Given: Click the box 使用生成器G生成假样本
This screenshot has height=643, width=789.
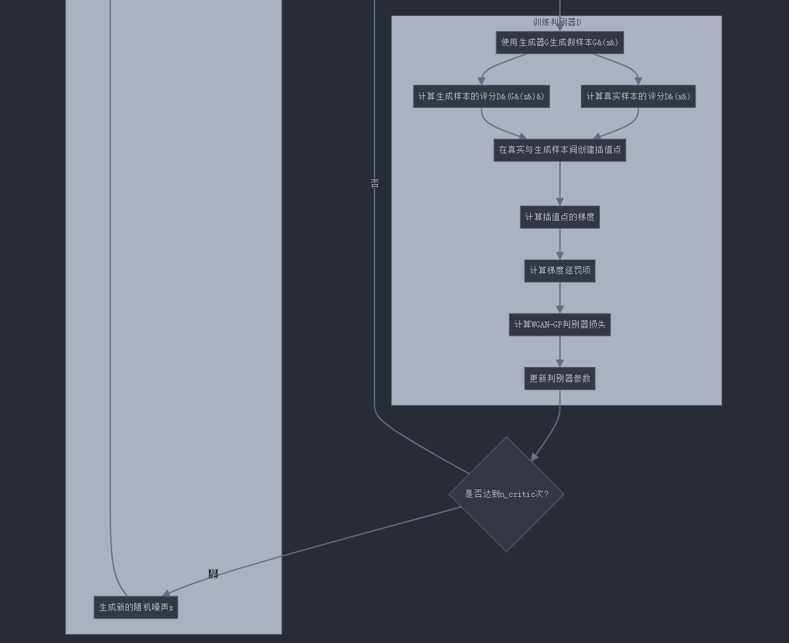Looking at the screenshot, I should point(559,43).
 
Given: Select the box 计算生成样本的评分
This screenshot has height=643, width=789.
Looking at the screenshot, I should point(481,97).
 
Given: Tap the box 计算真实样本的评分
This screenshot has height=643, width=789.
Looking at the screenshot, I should point(638,97).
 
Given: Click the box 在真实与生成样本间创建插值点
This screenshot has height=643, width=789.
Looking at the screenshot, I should point(559,150).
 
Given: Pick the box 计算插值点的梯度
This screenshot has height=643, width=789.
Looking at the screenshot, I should point(559,217).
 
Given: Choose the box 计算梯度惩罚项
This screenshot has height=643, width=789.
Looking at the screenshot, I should point(559,271).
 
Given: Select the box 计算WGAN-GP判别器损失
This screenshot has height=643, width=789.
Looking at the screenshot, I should point(559,325).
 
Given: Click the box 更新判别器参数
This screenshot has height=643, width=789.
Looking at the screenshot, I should point(559,379).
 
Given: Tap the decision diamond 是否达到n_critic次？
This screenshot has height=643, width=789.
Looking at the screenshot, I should point(507,494).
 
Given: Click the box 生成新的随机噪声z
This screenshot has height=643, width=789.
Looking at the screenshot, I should point(136,608).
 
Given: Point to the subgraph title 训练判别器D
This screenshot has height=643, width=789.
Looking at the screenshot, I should point(557,23).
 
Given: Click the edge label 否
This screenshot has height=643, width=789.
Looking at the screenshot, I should point(374,183).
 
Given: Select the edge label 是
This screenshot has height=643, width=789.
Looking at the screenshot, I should point(213,574).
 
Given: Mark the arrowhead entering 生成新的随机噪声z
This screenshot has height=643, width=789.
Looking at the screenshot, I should point(166,593).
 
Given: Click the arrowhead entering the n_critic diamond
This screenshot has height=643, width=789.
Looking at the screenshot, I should point(534,457).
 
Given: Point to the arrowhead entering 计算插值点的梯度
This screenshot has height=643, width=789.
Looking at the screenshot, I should point(559,201).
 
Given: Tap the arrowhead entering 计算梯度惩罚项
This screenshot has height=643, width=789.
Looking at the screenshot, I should point(559,255).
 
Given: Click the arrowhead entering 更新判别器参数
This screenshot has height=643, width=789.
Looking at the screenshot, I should point(559,363).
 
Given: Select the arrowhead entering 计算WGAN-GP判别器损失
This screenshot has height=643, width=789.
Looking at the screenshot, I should point(559,309).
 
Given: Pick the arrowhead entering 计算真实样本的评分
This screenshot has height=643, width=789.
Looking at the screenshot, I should point(638,81).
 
